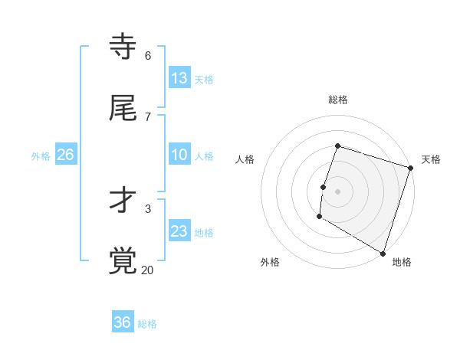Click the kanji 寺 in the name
pos(123,47)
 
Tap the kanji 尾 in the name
pos(123,109)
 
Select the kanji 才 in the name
pos(123,201)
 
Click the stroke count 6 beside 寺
pos(147,55)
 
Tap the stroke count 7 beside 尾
pos(147,116)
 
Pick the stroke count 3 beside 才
pos(147,208)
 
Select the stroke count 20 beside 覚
pos(147,270)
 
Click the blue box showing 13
pos(179,78)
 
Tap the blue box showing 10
pos(179,155)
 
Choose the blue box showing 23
pos(179,231)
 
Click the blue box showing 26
pos(66,155)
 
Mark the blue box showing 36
pos(123,322)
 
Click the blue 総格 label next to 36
pos(147,324)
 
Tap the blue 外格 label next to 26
pos(41,156)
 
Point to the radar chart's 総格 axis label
pos(338,100)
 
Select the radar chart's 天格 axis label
pos(431,159)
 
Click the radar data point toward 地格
pos(383,253)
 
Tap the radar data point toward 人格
pos(324,187)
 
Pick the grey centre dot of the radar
pos(338,191)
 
